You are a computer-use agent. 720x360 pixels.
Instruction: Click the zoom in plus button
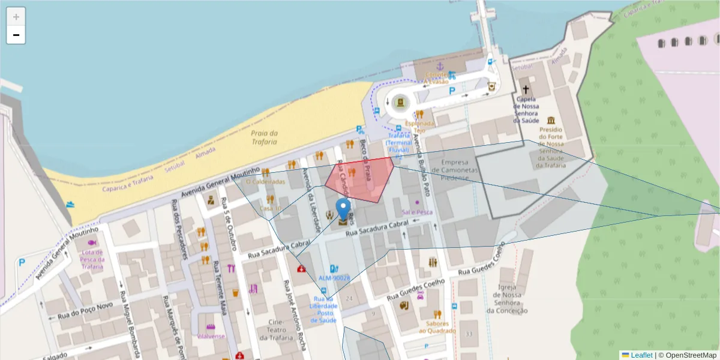click(16, 16)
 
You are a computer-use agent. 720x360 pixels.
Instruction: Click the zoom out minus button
click(16, 35)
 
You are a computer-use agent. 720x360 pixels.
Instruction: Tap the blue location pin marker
click(343, 211)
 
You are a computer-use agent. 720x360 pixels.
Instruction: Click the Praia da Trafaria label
click(264, 137)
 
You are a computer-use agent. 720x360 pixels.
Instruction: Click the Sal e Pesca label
click(418, 212)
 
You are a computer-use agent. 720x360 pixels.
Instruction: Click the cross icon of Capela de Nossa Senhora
click(526, 85)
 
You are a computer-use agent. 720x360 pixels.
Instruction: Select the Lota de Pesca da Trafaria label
click(92, 259)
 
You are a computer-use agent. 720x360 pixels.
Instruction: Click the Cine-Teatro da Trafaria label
click(272, 331)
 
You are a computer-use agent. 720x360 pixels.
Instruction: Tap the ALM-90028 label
click(334, 278)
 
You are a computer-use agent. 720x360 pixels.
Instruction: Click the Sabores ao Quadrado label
click(437, 327)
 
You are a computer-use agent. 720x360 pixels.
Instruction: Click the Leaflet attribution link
click(641, 355)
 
